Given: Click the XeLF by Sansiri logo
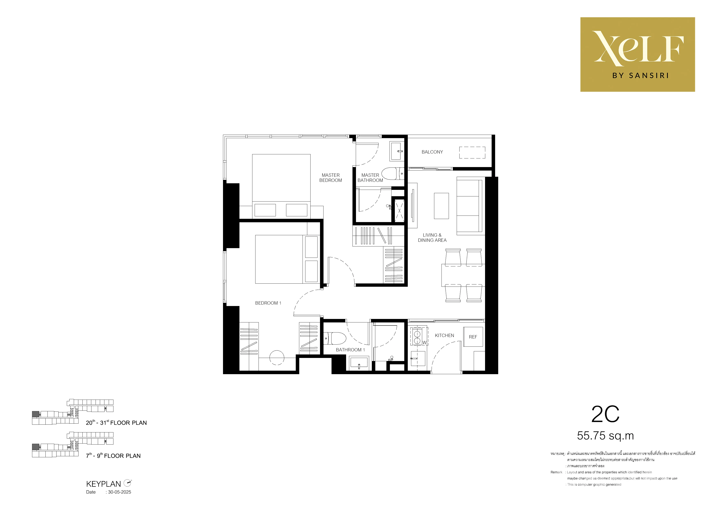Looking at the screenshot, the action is tap(638, 55).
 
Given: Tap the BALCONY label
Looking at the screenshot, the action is tap(432, 152).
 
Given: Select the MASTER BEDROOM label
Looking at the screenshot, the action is tap(331, 178).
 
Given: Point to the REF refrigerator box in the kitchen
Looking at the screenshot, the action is tap(473, 337).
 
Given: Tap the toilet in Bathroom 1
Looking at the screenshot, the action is tap(335, 338).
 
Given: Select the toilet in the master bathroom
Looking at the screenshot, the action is tap(393, 173).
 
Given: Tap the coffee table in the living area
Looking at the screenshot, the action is tap(441, 206).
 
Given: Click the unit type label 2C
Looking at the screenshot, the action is tap(605, 414).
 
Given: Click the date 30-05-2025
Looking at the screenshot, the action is tap(120, 492).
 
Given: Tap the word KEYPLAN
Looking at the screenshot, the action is tap(103, 484).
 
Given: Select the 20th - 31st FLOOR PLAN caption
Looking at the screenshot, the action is tap(116, 422).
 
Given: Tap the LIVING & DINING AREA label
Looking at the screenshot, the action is tap(432, 238).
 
